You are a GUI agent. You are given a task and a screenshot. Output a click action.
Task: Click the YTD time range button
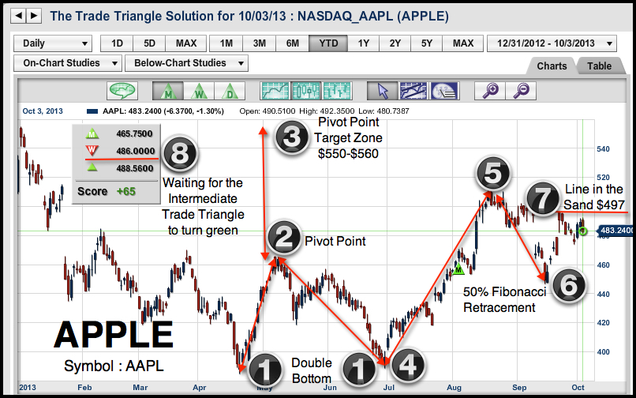pyautogui.click(x=328, y=43)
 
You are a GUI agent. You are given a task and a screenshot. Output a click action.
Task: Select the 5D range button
pyautogui.click(x=149, y=43)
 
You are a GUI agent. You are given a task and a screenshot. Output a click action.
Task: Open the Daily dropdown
pyautogui.click(x=53, y=43)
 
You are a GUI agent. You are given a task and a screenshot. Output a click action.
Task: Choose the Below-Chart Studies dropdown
pyautogui.click(x=186, y=63)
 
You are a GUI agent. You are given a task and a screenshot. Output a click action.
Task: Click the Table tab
pyautogui.click(x=600, y=66)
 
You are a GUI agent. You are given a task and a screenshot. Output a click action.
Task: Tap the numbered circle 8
pyautogui.click(x=180, y=154)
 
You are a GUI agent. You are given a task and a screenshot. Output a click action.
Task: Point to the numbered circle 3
pyautogui.click(x=292, y=137)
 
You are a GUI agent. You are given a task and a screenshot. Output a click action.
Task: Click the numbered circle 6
pyautogui.click(x=569, y=285)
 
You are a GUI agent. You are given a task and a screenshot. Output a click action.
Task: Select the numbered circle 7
pyautogui.click(x=543, y=198)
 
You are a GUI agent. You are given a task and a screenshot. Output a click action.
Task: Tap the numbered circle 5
pyautogui.click(x=493, y=174)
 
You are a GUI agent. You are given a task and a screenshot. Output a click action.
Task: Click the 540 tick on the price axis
pyautogui.click(x=603, y=149)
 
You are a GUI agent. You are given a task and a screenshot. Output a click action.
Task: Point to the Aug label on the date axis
pyautogui.click(x=454, y=388)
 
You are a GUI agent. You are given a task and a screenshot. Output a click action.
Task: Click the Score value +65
pyautogui.click(x=126, y=191)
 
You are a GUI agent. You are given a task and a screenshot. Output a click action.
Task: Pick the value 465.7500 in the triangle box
pyautogui.click(x=134, y=133)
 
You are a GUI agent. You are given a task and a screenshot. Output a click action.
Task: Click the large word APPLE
pyautogui.click(x=114, y=335)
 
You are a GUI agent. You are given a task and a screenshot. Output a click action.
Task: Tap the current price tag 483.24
pyautogui.click(x=616, y=231)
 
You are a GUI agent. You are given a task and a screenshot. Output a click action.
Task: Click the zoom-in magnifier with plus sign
pyautogui.click(x=490, y=91)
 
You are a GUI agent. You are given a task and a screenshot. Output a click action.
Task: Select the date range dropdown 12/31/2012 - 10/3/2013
pyautogui.click(x=552, y=43)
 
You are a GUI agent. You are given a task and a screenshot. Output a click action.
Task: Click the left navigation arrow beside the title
pyautogui.click(x=19, y=16)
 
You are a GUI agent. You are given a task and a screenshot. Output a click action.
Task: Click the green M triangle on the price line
pyautogui.click(x=458, y=268)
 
